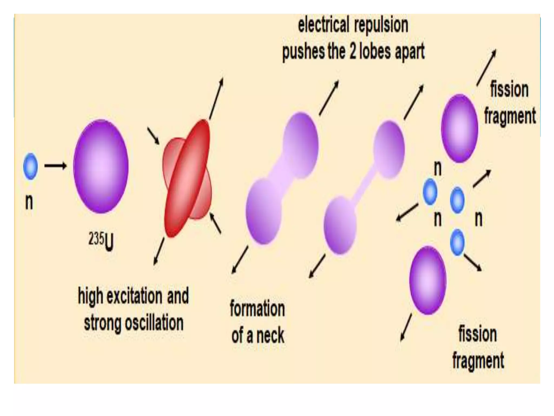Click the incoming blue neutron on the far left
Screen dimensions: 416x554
pyautogui.click(x=30, y=166)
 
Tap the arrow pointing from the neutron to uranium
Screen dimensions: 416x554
pyautogui.click(x=55, y=166)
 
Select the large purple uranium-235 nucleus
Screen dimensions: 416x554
pyautogui.click(x=101, y=166)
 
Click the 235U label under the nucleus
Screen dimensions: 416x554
pyautogui.click(x=101, y=241)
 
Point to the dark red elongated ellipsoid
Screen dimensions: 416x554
pyautogui.click(x=187, y=179)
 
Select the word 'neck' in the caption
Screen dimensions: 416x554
pyautogui.click(x=270, y=336)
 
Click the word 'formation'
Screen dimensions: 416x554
pyautogui.click(x=257, y=309)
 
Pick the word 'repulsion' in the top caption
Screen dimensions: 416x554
pyautogui.click(x=381, y=25)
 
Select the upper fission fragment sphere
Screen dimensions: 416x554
pyautogui.click(x=459, y=128)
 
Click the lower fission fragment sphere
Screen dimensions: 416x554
pyautogui.click(x=427, y=280)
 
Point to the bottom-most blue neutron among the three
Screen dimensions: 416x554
pyautogui.click(x=457, y=242)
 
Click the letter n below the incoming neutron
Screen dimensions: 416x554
pyautogui.click(x=29, y=202)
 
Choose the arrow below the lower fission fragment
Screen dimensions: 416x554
pyautogui.click(x=406, y=327)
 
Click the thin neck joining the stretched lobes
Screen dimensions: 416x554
pyautogui.click(x=364, y=187)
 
